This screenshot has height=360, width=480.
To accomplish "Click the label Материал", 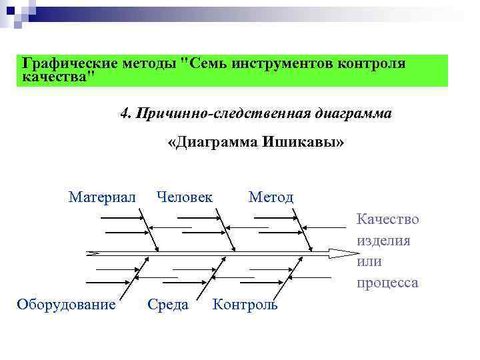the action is pos(102,197).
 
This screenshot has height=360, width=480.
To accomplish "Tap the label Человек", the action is pos(184,197).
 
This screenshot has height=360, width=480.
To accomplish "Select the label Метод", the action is pos(271,197).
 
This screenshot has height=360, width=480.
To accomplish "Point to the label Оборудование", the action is pos(66,305).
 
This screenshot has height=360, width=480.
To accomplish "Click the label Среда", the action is pos(168,305).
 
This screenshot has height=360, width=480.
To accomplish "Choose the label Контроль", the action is pos(245,305).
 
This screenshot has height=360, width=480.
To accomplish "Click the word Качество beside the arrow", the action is pos(387,219).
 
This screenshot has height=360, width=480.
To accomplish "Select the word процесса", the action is pos(387,283).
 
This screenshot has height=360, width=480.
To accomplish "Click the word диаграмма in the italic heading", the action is pos(353,114).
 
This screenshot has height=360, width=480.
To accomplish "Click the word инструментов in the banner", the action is pos(277,63).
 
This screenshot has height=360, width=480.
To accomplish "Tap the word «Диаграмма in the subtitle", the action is pos(212,143).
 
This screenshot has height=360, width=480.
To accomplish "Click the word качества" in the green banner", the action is pos(59,77).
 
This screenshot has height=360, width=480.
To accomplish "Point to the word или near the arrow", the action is pos(369,261).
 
